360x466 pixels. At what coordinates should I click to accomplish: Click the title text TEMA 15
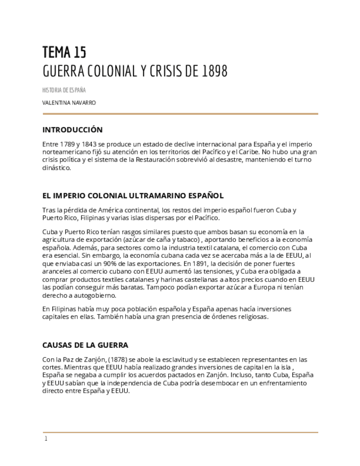click(64, 52)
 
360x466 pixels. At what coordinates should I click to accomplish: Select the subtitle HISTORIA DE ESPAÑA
click(64, 90)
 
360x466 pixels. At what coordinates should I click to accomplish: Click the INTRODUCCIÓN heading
click(73, 130)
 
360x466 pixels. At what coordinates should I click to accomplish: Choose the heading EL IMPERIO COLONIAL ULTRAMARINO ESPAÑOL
click(133, 196)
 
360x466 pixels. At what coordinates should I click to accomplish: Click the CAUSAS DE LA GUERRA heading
click(85, 345)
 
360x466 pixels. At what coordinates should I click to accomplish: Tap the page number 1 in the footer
click(46, 439)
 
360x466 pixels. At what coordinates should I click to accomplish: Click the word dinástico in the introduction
click(57, 168)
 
